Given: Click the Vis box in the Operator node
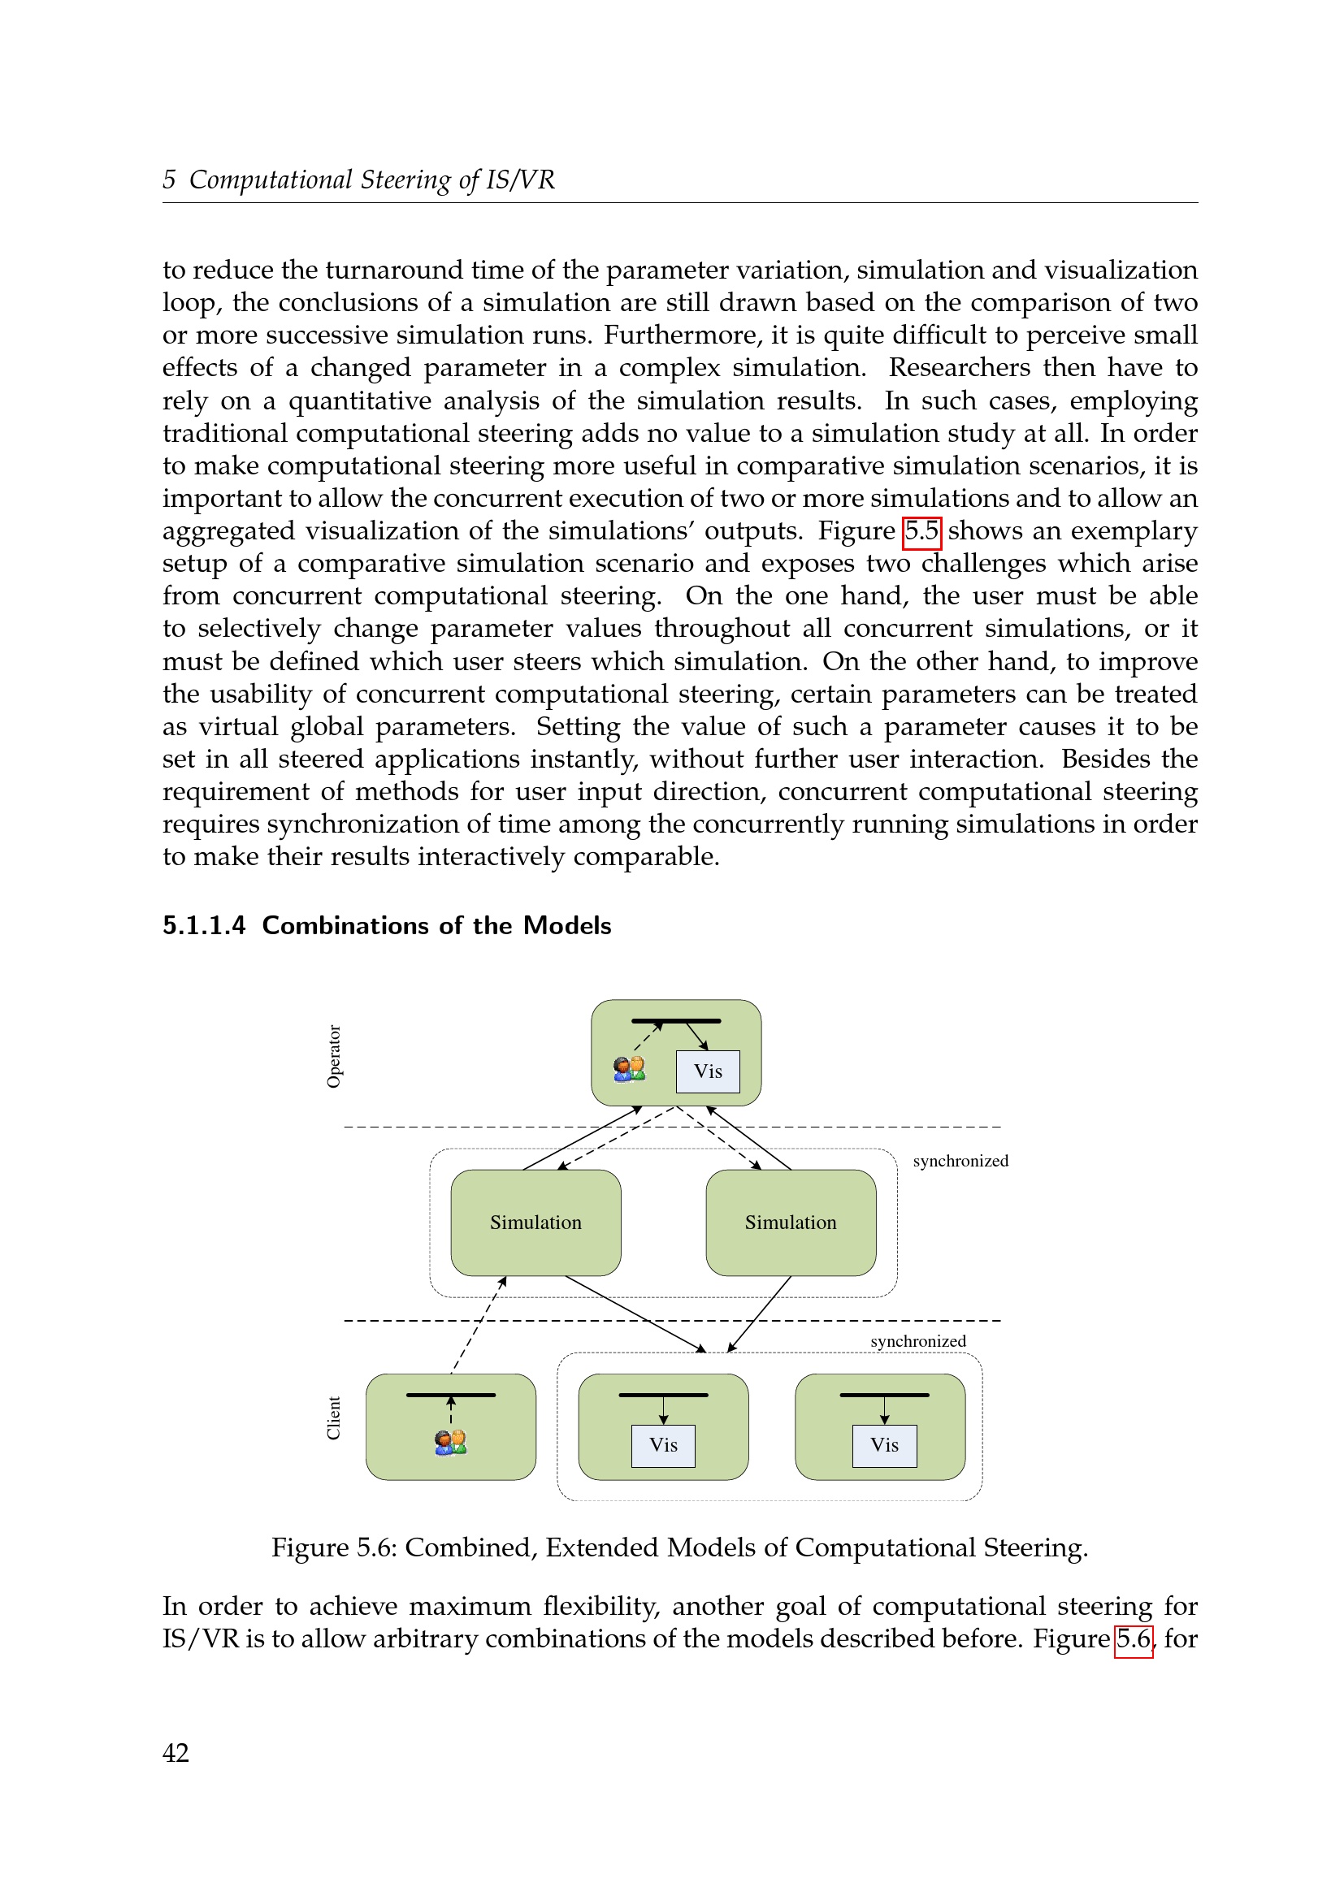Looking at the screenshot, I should coord(708,1071).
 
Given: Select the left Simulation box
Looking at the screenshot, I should coord(535,1223).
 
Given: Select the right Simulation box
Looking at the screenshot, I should coord(791,1223).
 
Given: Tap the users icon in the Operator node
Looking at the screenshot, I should coord(629,1068).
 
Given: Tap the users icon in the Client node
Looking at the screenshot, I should coord(450,1443).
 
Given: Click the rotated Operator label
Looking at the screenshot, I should coord(333,1056).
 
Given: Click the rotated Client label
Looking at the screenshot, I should coord(333,1417).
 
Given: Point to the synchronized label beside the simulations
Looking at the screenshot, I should coord(960,1161).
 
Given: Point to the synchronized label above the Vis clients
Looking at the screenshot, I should coord(917,1340).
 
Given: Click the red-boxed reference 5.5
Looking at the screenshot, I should coord(921,531).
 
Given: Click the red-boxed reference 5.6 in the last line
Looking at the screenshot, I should coord(1133,1638).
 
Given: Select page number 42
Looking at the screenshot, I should coord(176,1753).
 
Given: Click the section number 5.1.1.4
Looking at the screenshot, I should coord(204,925).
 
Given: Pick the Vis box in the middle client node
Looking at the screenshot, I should coord(663,1445).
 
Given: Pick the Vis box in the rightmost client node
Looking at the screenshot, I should coord(884,1445).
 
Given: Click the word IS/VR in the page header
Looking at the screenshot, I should coord(520,180).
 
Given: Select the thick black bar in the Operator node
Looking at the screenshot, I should coord(675,1021).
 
